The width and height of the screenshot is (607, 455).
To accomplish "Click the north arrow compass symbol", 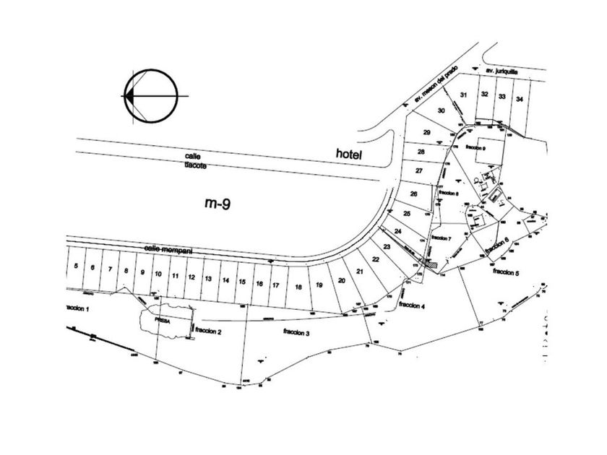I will point(151,95).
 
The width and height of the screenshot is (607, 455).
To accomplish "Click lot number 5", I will point(76,266).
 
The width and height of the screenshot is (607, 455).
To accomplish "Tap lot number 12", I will point(191,277).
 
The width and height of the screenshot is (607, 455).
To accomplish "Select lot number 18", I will point(298,287).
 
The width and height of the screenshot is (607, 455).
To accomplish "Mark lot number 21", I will point(359,271).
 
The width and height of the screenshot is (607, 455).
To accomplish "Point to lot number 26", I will point(414,194).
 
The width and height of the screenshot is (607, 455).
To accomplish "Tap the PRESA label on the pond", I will point(160,317).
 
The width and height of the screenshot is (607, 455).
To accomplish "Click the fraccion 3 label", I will point(297,334).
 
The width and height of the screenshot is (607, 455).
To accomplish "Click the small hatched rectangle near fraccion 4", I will point(432,265).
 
